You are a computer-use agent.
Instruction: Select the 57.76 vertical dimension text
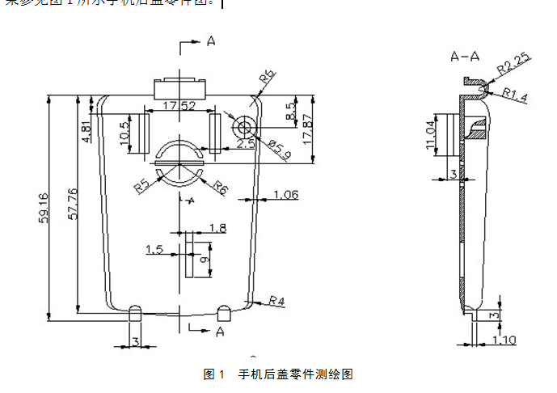[72, 205]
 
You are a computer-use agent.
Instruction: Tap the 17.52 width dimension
[178, 105]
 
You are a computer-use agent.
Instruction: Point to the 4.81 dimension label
[87, 129]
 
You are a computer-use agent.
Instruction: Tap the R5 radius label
[143, 186]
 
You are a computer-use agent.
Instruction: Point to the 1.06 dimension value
[285, 194]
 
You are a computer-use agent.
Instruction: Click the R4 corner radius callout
[277, 301]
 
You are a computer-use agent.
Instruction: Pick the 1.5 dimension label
[154, 250]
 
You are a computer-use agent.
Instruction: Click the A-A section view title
[465, 57]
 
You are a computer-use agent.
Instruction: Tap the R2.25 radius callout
[512, 61]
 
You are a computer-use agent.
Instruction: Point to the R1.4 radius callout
[514, 95]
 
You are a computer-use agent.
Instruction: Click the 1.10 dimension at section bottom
[504, 340]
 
